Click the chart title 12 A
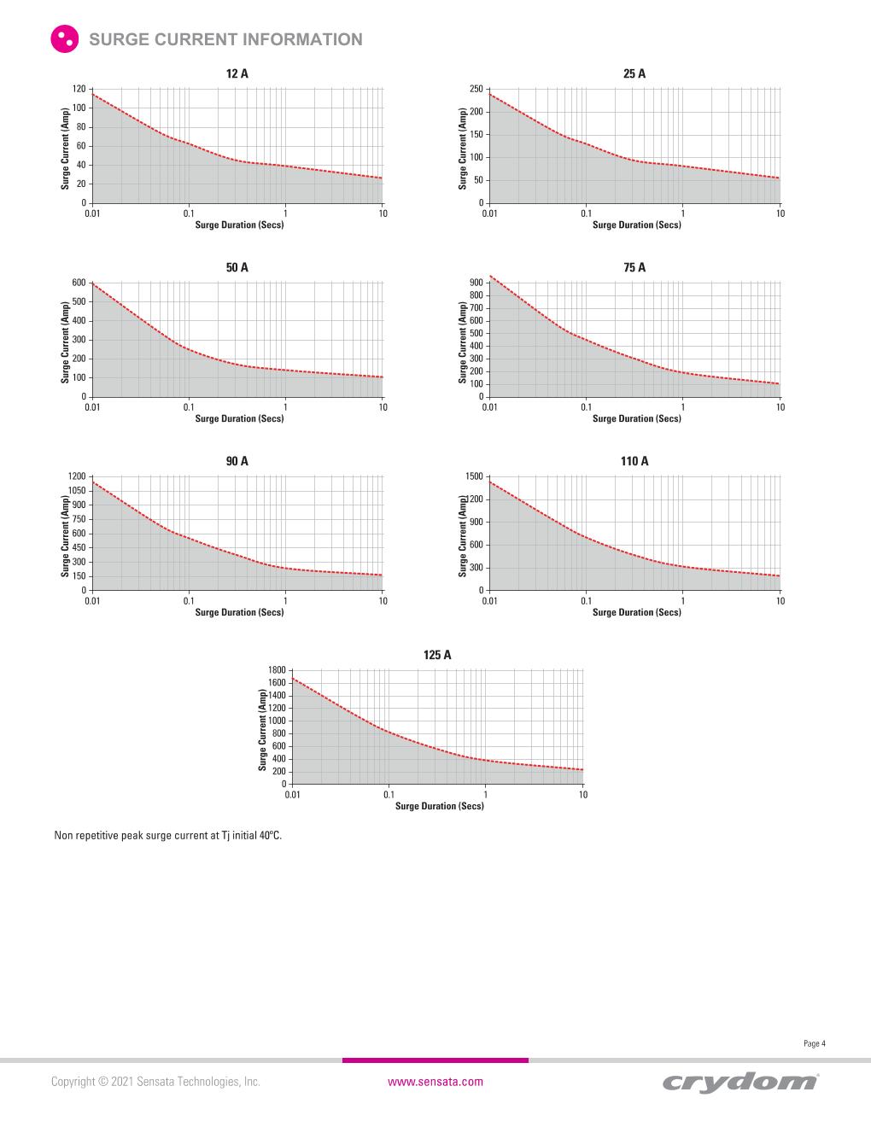click(237, 74)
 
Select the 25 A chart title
click(634, 74)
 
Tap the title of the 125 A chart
click(437, 655)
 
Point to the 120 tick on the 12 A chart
click(79, 89)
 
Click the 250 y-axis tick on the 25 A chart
click(476, 89)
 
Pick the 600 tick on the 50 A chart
click(79, 283)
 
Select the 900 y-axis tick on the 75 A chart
click(476, 283)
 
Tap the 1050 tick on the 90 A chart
click(77, 491)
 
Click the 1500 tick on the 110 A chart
click(475, 476)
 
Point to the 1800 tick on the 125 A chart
click(278, 670)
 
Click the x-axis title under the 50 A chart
click(239, 418)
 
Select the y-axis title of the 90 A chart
click(65, 536)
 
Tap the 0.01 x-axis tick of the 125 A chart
click(292, 795)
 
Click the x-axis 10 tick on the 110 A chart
click(780, 601)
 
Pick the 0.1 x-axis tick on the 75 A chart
click(586, 407)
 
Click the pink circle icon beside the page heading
click(64, 39)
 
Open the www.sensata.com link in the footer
click(435, 1082)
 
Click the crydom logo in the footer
click(739, 1082)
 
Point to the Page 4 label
click(815, 1043)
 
